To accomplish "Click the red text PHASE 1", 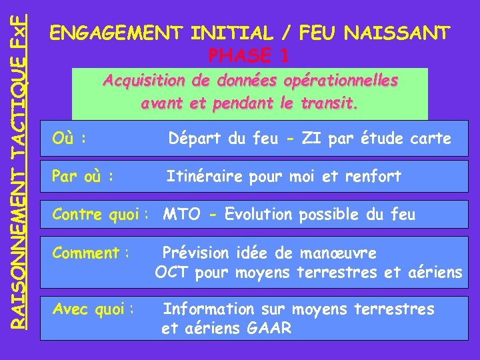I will [x=249, y=55].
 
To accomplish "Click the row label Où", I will [x=68, y=139].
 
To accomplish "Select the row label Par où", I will [x=81, y=177].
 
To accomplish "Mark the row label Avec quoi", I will [x=93, y=309].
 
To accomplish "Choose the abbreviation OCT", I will [x=173, y=272].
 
